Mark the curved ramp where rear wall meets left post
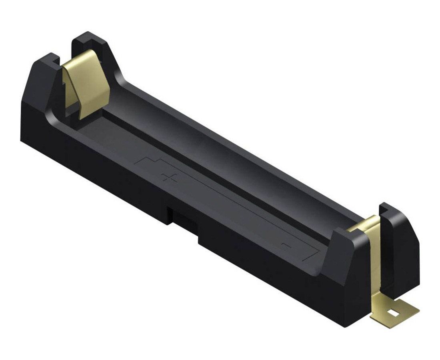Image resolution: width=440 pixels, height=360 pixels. pyautogui.click(x=120, y=76)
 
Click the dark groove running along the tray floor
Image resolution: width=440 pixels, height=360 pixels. pyautogui.click(x=200, y=160)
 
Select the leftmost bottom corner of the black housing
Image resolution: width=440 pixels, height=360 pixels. pyautogui.click(x=22, y=138)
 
